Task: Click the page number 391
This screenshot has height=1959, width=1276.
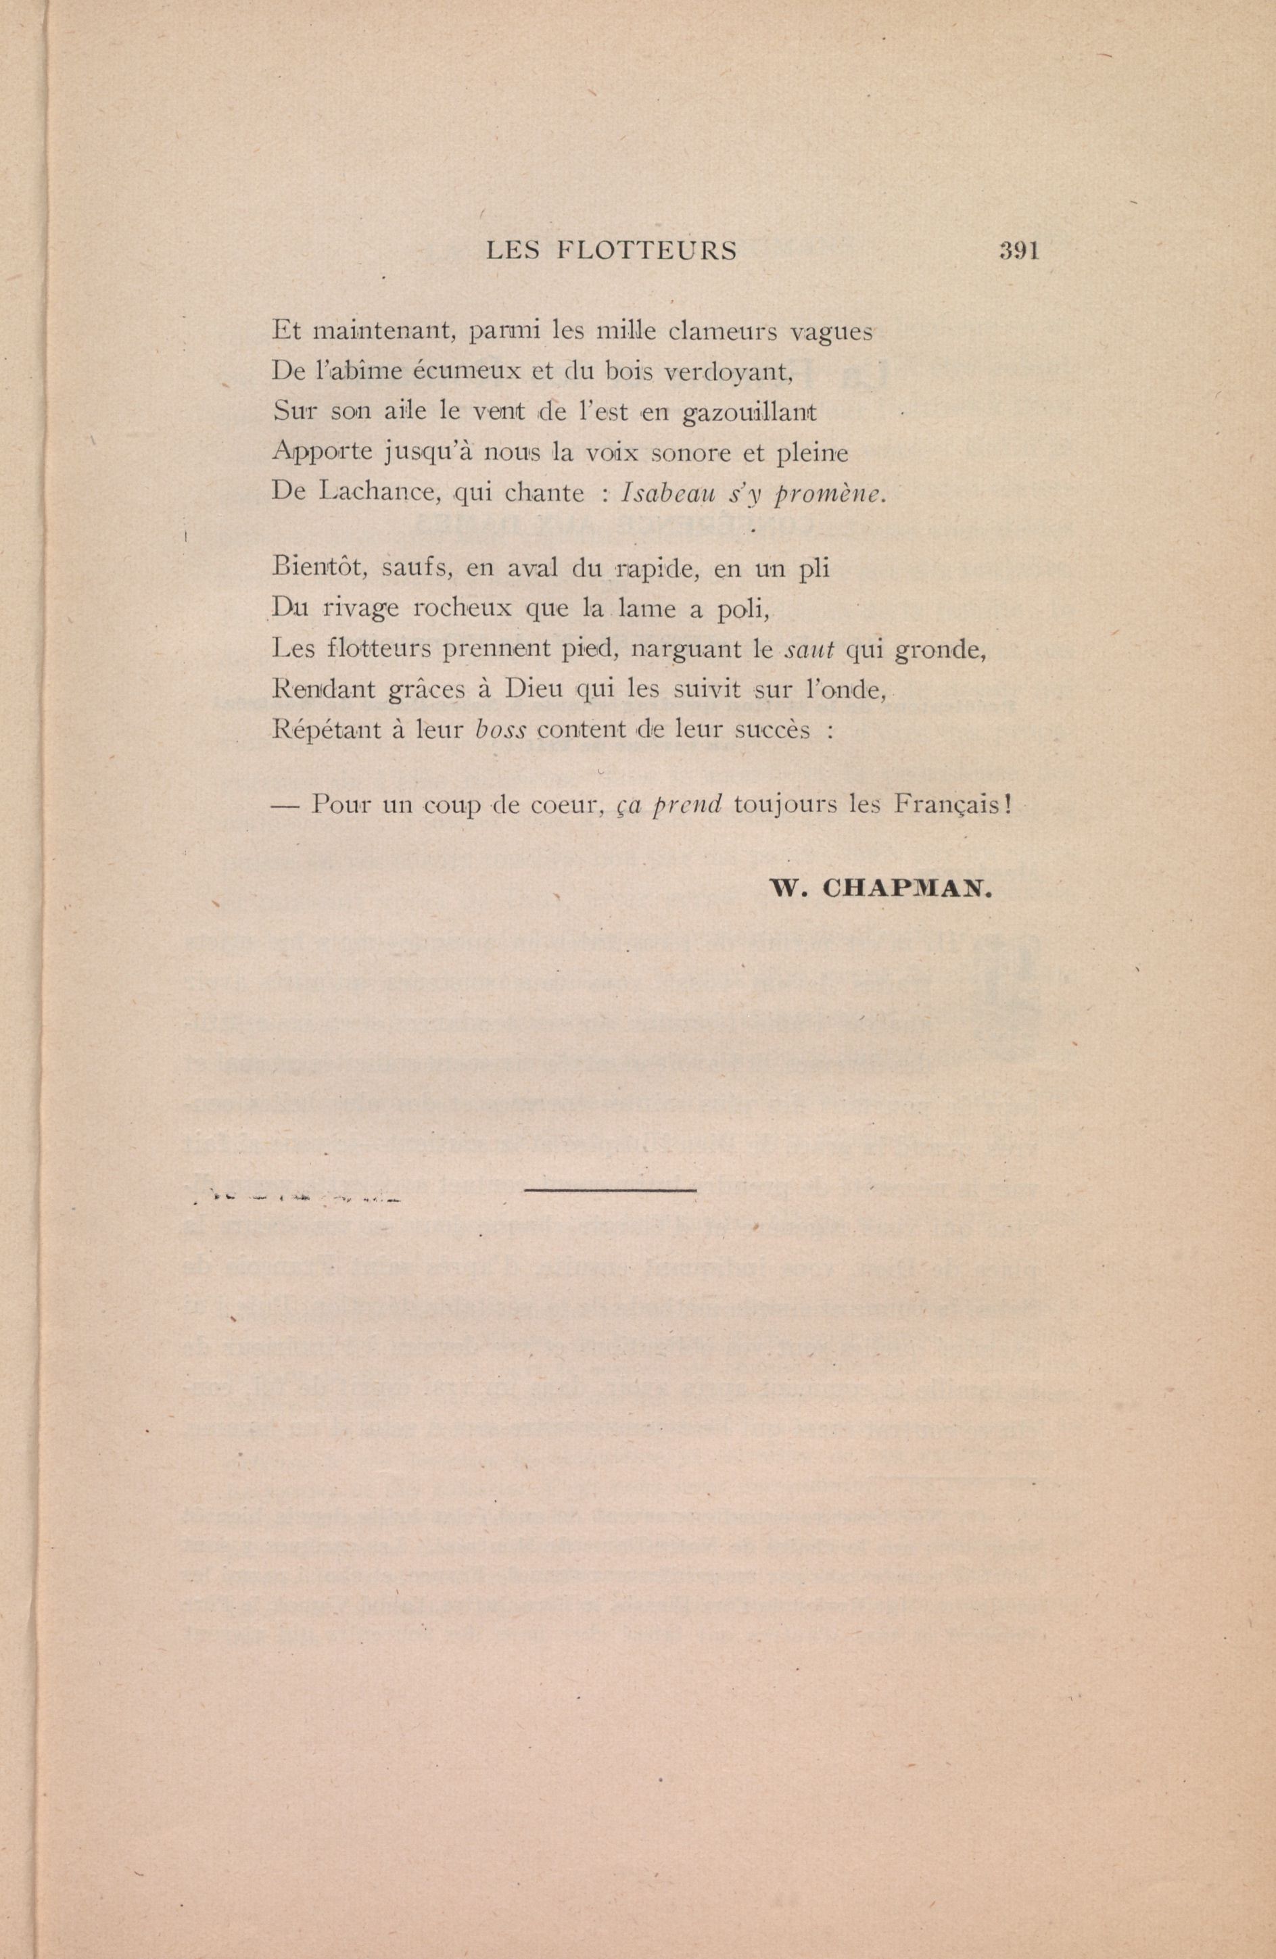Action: (1019, 251)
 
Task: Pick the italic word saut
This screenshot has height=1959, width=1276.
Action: (810, 650)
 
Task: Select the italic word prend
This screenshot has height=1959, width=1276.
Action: (686, 804)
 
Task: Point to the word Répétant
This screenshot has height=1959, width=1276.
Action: (325, 730)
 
